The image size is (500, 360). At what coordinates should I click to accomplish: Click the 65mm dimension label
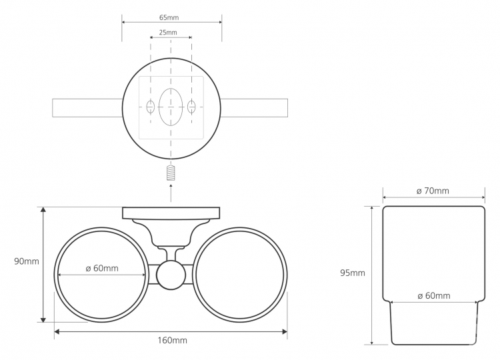tap(169, 17)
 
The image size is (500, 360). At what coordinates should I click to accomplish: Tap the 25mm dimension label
tap(168, 32)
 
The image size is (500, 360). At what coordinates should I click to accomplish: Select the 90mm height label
tap(27, 261)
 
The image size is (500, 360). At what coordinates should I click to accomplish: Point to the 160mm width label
tap(172, 341)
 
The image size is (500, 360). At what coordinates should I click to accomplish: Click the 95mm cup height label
tap(353, 273)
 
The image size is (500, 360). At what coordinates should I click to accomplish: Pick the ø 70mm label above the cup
tap(433, 191)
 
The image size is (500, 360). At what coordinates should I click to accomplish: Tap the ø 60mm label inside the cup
tap(434, 296)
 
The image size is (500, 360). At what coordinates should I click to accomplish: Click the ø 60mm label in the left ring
tap(102, 269)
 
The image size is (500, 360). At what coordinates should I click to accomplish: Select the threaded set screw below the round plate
tap(171, 173)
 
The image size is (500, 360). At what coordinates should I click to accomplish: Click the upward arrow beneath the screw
tap(171, 193)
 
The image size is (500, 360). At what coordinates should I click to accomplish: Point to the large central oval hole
tap(171, 107)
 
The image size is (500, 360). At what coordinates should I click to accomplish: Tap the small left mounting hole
tap(151, 107)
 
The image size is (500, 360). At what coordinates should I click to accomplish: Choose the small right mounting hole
tap(191, 107)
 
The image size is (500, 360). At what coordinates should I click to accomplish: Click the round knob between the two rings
tap(171, 275)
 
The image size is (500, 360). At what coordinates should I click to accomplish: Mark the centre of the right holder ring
tap(240, 275)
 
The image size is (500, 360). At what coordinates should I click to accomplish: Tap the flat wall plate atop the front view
tap(171, 213)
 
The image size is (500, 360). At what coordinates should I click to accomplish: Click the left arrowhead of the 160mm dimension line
tap(57, 331)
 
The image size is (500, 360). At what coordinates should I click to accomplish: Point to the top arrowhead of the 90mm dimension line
tap(44, 209)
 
